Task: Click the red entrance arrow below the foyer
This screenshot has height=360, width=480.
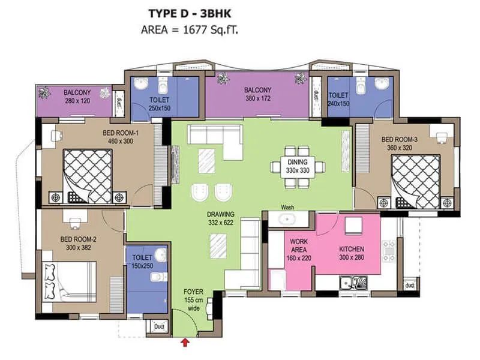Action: click(x=185, y=342)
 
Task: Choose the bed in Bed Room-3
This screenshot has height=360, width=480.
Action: click(x=415, y=181)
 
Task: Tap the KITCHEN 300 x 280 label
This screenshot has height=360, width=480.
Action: click(x=351, y=253)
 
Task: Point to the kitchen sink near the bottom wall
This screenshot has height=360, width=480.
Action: click(x=352, y=281)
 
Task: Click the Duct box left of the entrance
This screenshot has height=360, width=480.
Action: click(x=159, y=327)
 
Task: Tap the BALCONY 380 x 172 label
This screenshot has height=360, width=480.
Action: click(x=257, y=94)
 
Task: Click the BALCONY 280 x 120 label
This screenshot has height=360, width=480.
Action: click(x=77, y=97)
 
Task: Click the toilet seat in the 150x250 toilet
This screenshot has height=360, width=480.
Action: click(x=157, y=277)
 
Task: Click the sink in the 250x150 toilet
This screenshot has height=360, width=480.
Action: click(x=140, y=83)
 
